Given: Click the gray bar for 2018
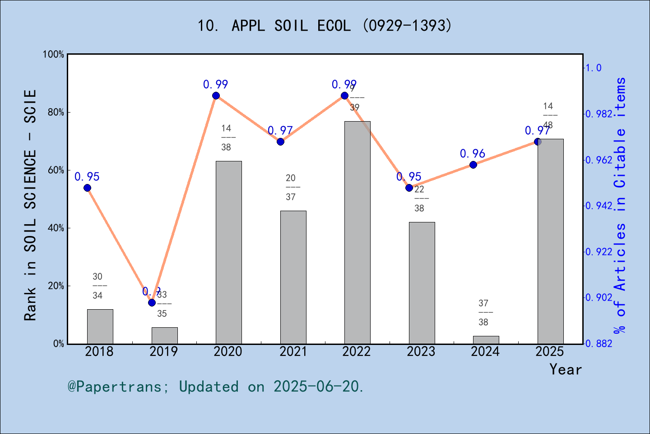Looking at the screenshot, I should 100,326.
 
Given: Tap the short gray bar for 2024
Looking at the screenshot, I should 486,340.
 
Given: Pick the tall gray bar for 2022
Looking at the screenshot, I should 357,232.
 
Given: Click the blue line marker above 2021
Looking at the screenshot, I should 280,142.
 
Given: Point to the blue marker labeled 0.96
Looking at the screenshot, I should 473,165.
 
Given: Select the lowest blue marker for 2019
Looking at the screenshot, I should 152,302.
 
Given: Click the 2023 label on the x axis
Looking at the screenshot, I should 421,351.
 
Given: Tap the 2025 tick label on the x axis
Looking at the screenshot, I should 549,351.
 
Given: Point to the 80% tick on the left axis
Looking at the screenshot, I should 56,112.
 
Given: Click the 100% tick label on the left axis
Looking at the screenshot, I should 54,54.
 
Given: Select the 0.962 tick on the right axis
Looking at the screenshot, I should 599,160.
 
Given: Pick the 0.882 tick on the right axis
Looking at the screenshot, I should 599,344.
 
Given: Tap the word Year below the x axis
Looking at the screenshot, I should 565,369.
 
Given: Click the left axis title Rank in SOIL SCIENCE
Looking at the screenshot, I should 30,205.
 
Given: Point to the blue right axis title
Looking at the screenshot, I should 620,205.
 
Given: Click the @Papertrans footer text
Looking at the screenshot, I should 216,387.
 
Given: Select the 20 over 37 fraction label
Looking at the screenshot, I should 291,187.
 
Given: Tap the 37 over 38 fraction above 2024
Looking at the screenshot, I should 483,312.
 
